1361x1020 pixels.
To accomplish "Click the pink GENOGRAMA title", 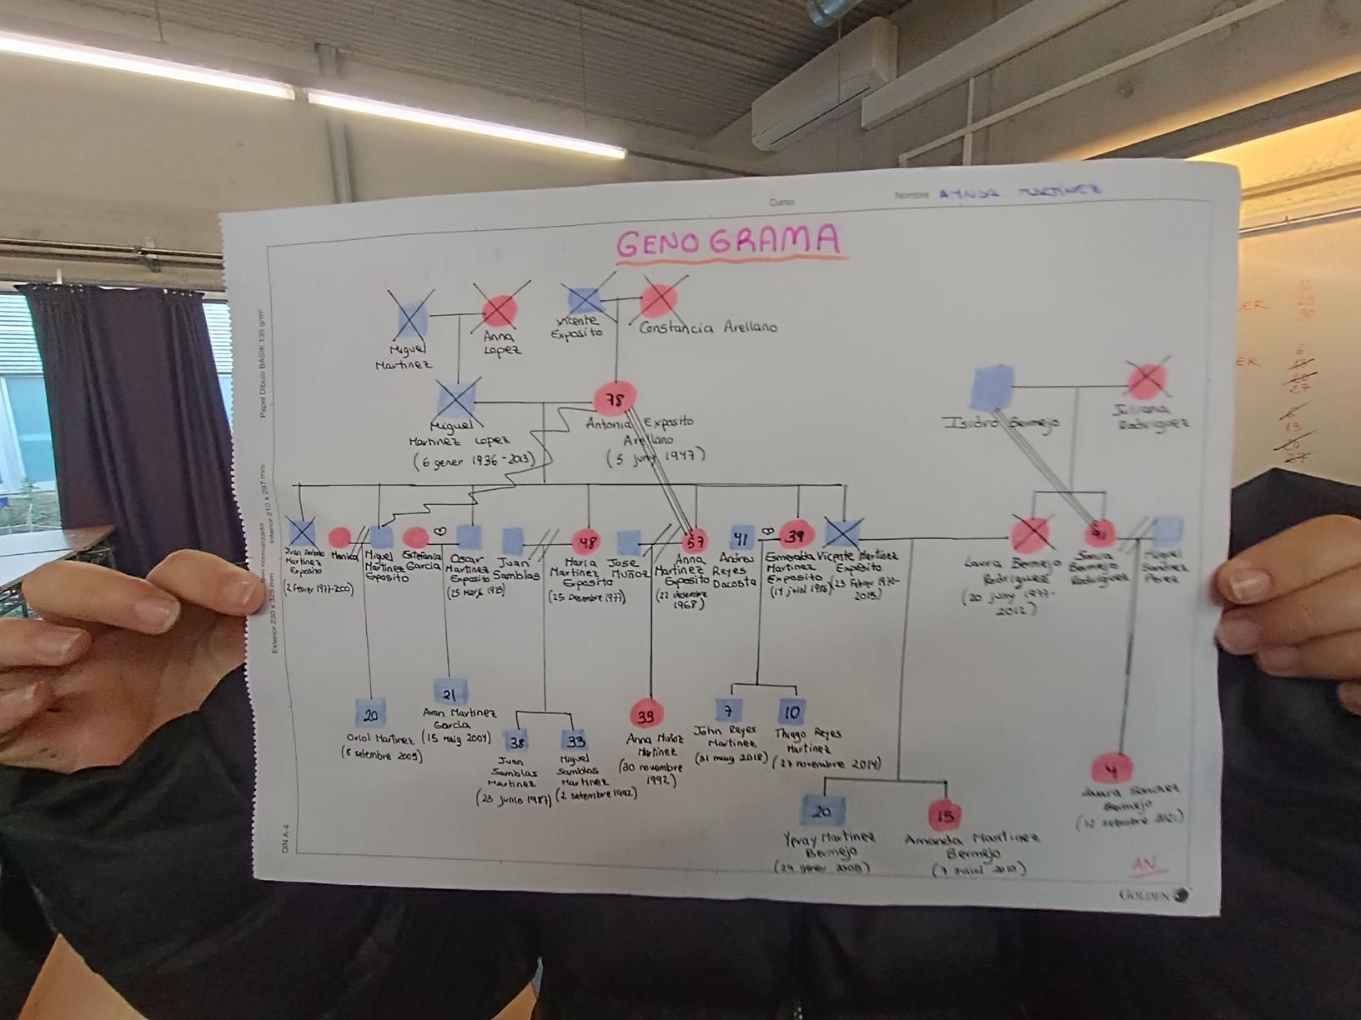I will coord(728,242).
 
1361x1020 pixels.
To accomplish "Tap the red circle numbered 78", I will coord(615,400).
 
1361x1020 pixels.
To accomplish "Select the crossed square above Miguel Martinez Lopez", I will coord(457,399).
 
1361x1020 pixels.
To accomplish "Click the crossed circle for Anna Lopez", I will coord(500,311).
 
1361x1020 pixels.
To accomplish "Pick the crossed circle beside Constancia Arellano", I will coord(660,301).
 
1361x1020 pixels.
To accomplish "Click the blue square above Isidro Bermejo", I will coord(992,387).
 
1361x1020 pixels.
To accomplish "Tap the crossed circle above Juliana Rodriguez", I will coord(1147,381).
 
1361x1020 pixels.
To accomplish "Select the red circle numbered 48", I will coord(588,542).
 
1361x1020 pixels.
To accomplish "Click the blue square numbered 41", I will coord(742,537).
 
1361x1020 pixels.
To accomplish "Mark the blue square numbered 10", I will coord(791,712).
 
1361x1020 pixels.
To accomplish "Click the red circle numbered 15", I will coord(944,816).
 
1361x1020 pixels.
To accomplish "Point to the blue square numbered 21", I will coord(449,693).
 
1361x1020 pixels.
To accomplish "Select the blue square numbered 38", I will coord(518,742).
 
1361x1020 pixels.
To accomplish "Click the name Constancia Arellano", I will coord(708,327).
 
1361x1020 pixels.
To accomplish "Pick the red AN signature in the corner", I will coord(1144,864).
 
